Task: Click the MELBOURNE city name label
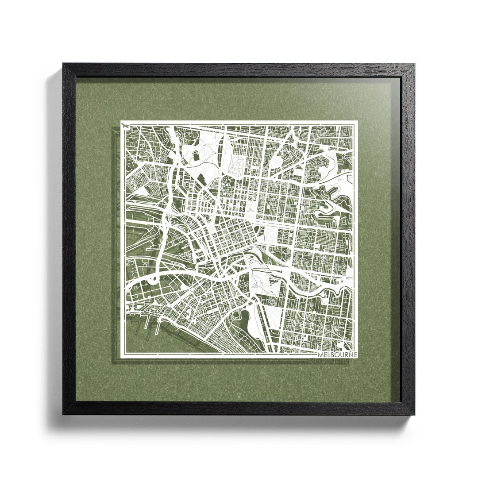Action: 337,355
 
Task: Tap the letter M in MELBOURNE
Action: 320,355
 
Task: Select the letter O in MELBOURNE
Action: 338,355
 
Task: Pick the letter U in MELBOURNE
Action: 343,355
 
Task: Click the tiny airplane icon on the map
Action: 127,126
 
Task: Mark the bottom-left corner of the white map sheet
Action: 121,356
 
